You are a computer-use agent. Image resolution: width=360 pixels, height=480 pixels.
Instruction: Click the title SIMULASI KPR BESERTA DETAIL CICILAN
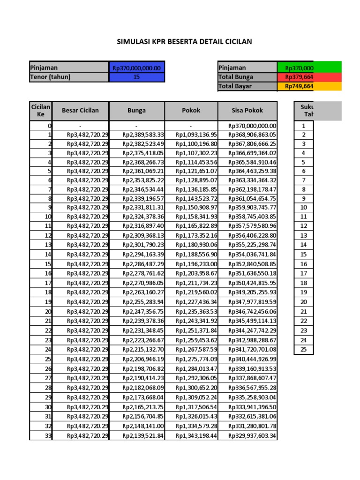coord(184,42)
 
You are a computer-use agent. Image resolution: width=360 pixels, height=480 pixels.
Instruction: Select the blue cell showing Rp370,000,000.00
coord(136,68)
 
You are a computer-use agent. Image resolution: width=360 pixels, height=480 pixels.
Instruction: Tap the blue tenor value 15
coord(136,77)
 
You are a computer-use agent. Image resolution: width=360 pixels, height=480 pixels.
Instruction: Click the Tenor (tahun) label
coord(50,77)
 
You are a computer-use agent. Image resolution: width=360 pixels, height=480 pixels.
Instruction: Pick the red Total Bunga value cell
coord(309,77)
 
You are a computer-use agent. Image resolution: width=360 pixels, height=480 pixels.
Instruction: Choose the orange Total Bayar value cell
coord(309,86)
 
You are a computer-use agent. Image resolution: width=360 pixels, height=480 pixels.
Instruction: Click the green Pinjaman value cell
coord(309,68)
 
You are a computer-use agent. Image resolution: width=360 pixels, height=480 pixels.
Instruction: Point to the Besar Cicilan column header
coord(80,111)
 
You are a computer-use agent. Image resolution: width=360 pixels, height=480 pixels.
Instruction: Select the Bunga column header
coord(136,111)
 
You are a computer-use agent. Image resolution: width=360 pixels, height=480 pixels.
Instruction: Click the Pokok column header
coord(191,111)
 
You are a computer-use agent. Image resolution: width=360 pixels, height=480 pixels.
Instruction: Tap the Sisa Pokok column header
coord(247,111)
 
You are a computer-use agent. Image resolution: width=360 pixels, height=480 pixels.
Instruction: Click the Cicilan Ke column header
coord(41,111)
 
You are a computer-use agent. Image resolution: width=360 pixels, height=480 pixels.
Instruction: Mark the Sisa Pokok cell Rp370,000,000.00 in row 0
coord(252,126)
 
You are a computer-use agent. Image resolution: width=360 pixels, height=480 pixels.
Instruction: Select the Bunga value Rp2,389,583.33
coord(143,135)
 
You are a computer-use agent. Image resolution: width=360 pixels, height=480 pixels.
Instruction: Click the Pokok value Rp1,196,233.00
coord(197,264)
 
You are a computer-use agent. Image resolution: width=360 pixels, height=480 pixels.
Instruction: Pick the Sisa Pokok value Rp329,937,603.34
coord(252,436)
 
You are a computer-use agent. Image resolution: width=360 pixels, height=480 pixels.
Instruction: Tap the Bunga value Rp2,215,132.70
coord(143,350)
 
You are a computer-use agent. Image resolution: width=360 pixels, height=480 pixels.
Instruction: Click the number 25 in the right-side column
coord(303,349)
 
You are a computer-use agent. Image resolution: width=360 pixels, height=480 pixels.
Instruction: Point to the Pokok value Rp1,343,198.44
coord(197,436)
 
